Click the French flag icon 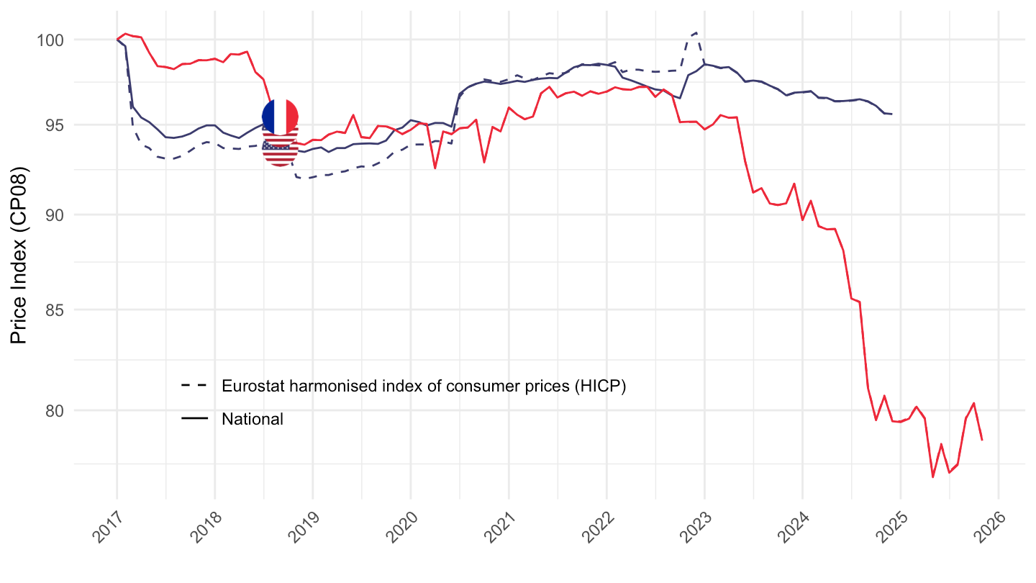tap(280, 117)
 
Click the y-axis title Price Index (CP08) tap(20, 256)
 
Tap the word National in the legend tap(253, 419)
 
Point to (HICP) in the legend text tap(603, 387)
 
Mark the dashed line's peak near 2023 tap(696, 32)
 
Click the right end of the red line tap(982, 440)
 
